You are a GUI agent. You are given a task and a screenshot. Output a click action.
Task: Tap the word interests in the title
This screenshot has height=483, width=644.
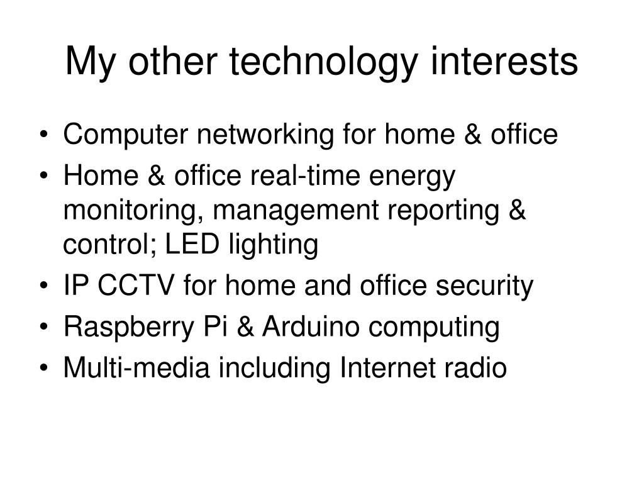504,61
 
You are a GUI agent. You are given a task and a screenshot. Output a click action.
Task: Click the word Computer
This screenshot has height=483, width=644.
125,135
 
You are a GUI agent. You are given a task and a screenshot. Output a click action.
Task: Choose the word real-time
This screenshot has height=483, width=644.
304,176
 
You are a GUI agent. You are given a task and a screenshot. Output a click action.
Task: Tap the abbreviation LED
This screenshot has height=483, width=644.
192,244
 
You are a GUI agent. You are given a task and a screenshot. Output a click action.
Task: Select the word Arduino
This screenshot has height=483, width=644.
311,326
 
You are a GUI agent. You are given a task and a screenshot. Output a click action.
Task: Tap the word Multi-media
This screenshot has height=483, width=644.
136,367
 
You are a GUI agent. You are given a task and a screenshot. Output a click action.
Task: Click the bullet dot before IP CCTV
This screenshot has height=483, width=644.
44,286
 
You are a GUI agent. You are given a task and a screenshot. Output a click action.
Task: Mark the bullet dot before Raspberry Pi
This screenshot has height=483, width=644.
44,327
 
